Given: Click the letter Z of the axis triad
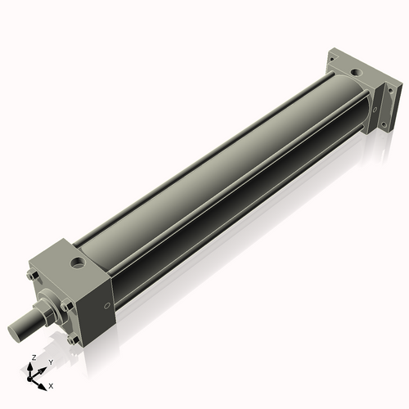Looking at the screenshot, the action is pos(34,357).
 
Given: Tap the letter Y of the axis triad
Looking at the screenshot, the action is pos(51,362).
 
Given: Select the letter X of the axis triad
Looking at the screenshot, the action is pos(51,386).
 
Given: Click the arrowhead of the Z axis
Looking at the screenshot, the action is pos(29,366).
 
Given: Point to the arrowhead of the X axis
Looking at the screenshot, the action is pos(43,387).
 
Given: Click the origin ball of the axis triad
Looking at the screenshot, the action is pos(29,380).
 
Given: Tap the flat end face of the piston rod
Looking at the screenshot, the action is pos(13,333).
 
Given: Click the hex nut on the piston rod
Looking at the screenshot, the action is pos(43,312).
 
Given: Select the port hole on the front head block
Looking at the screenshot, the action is pos(78,263).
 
